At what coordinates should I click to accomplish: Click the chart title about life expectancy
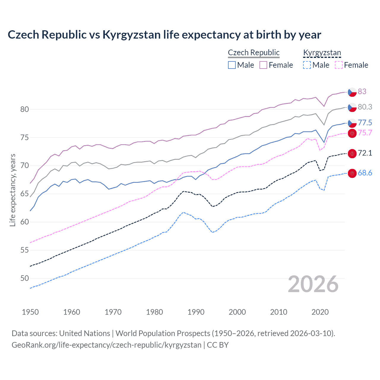click(164, 35)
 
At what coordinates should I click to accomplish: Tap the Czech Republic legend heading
click(254, 53)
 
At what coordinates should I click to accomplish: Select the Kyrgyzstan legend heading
click(322, 53)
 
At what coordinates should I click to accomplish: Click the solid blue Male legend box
click(232, 65)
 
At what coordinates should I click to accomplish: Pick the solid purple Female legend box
click(263, 65)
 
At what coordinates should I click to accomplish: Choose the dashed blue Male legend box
click(307, 65)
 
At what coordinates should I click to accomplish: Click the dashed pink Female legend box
click(338, 65)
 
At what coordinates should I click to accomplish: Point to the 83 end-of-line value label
click(362, 91)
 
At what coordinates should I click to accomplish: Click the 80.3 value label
click(365, 107)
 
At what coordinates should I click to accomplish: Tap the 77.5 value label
click(365, 123)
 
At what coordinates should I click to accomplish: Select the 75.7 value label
click(365, 133)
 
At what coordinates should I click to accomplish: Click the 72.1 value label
click(365, 153)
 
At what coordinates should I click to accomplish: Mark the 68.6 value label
click(365, 173)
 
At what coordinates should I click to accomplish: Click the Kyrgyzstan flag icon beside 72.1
click(352, 153)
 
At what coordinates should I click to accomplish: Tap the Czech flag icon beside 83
click(352, 92)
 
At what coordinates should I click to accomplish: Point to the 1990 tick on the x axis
click(196, 312)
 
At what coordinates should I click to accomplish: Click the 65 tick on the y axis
click(25, 194)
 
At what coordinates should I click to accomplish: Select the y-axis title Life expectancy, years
click(12, 190)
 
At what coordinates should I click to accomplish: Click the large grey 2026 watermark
click(313, 284)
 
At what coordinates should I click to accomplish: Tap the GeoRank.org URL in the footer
click(106, 345)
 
